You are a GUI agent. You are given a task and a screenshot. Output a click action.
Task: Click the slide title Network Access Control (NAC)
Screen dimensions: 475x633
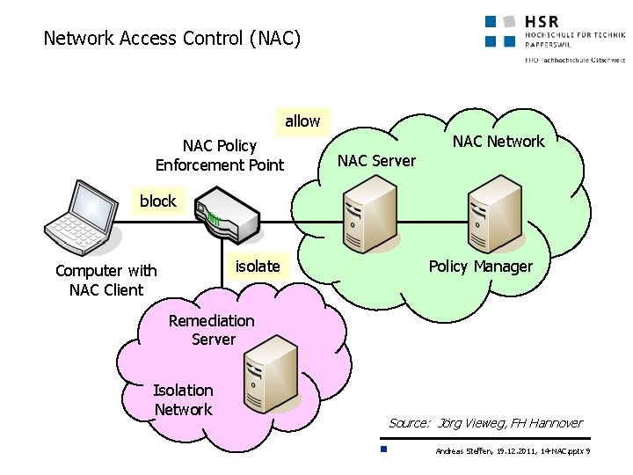[x=172, y=39]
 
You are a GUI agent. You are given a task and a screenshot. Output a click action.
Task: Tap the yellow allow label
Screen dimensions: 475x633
[x=302, y=121]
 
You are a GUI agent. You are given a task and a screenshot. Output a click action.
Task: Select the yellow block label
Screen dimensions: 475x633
[x=157, y=201]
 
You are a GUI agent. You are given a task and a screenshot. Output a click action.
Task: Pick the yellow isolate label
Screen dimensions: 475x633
[x=258, y=267]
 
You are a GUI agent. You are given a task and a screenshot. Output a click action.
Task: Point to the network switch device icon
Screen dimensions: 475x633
[x=227, y=219]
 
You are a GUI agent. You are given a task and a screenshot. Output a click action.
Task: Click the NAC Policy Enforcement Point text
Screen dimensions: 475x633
[x=220, y=156]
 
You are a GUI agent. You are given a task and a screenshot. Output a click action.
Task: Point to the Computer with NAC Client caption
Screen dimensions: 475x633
[x=105, y=281]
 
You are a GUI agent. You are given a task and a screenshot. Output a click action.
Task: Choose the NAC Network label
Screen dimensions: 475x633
[x=498, y=142]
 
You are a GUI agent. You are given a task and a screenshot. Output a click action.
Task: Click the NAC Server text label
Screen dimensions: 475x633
[x=376, y=161]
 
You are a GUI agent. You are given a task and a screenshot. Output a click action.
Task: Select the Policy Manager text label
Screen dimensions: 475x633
[x=480, y=267]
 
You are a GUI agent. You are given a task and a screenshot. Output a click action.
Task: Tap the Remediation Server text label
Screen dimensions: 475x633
[x=212, y=330]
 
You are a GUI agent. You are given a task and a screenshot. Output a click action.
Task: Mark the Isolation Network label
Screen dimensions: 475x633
[x=183, y=400]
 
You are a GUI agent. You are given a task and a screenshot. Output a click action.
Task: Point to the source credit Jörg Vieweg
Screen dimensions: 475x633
[x=485, y=423]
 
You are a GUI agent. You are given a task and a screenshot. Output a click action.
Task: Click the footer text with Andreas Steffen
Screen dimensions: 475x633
[x=513, y=451]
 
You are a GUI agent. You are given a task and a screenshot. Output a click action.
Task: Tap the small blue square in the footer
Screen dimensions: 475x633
[x=384, y=450]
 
